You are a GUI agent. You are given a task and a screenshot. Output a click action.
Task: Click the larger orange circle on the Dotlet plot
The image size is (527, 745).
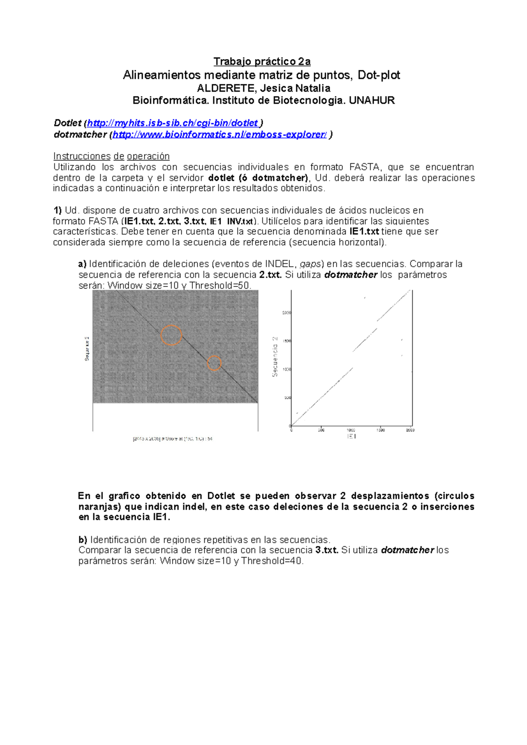[x=171, y=335]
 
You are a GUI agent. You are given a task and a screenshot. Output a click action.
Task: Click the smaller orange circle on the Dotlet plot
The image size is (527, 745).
[x=214, y=363]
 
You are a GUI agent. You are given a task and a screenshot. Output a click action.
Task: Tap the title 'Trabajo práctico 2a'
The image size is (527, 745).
[x=262, y=61]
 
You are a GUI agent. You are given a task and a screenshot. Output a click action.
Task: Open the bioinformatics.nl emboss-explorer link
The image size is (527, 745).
[x=220, y=135]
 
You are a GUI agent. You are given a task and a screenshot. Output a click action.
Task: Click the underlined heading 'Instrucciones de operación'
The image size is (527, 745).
[x=112, y=156]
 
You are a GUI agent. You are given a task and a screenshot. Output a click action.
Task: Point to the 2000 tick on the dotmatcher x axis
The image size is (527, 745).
[x=410, y=430]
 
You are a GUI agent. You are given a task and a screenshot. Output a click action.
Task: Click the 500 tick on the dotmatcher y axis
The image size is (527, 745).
[x=287, y=398]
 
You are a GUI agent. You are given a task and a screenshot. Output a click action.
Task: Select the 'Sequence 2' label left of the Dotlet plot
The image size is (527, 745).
[x=87, y=349]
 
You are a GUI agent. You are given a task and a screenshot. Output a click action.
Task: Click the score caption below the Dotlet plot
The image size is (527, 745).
[x=173, y=439]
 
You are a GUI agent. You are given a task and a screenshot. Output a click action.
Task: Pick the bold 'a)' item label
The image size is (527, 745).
[x=82, y=264]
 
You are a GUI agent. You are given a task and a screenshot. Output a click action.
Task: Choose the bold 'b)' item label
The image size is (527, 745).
[x=83, y=540]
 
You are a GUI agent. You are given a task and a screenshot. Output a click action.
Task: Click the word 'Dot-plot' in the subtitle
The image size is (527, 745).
[x=379, y=75]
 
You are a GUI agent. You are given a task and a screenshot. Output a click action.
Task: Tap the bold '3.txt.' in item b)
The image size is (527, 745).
[x=327, y=550]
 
